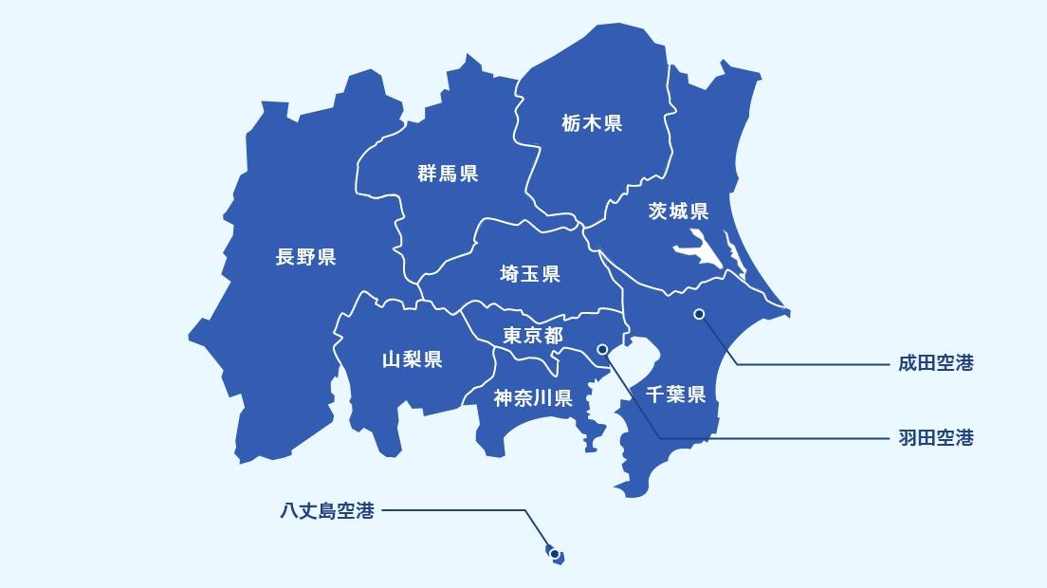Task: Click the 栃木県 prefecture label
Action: tap(592, 123)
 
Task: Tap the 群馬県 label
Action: tap(448, 174)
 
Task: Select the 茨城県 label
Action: tap(678, 211)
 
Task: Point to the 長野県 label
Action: tap(305, 257)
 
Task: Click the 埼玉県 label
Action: tap(530, 274)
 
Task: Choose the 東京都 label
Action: tap(532, 336)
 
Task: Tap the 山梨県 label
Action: tap(412, 359)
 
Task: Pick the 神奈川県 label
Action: tap(533, 398)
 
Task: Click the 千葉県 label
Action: tap(675, 395)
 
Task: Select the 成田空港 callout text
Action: tap(936, 363)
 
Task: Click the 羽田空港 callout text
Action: tap(936, 438)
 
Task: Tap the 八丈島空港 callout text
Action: tap(327, 511)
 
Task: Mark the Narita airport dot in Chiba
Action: tap(699, 314)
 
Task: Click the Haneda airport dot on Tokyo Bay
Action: tap(602, 349)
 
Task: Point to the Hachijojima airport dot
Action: tap(553, 553)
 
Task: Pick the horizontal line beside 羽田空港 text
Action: tap(778, 438)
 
